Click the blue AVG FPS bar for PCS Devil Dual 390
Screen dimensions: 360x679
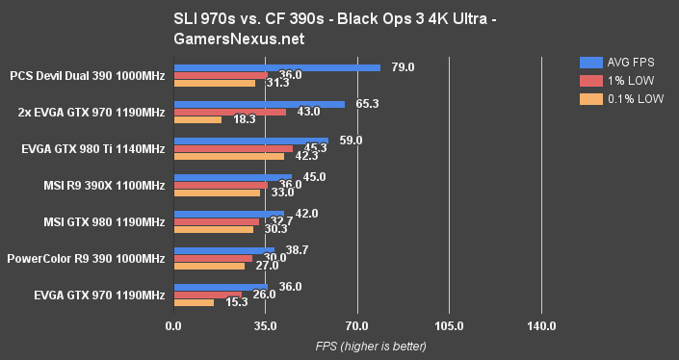[x=276, y=67]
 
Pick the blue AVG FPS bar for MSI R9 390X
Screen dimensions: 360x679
[x=232, y=177]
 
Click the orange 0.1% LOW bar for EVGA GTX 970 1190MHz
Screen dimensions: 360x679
[x=194, y=302]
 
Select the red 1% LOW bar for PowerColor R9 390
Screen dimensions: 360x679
[x=213, y=258]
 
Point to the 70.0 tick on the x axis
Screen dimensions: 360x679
[x=357, y=326]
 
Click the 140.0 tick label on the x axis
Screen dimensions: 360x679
[x=541, y=326]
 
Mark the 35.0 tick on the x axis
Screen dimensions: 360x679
[x=265, y=326]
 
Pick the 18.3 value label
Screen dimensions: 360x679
[x=245, y=119]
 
